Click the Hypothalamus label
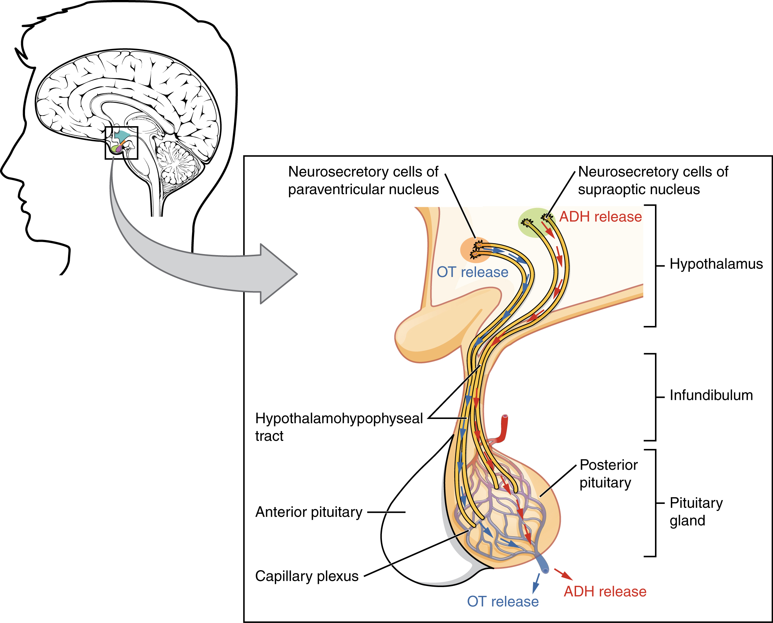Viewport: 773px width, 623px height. pos(716,264)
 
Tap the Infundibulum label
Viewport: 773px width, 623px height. pos(711,395)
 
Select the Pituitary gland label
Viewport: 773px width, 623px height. pos(695,511)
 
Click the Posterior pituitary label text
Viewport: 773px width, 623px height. pos(608,473)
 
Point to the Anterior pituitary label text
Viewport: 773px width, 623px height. pos(309,512)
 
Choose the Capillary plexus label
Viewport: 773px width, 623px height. pos(307,576)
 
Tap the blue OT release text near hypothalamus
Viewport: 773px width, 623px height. pos(472,272)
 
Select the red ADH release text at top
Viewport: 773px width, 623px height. pos(600,217)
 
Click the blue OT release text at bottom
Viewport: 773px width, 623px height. pos(502,602)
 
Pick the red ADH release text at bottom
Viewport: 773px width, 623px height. pos(605,591)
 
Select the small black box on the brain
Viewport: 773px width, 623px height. pos(121,142)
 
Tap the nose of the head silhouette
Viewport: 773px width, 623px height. pos(5,169)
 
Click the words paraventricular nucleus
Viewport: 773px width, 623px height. pos(363,190)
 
